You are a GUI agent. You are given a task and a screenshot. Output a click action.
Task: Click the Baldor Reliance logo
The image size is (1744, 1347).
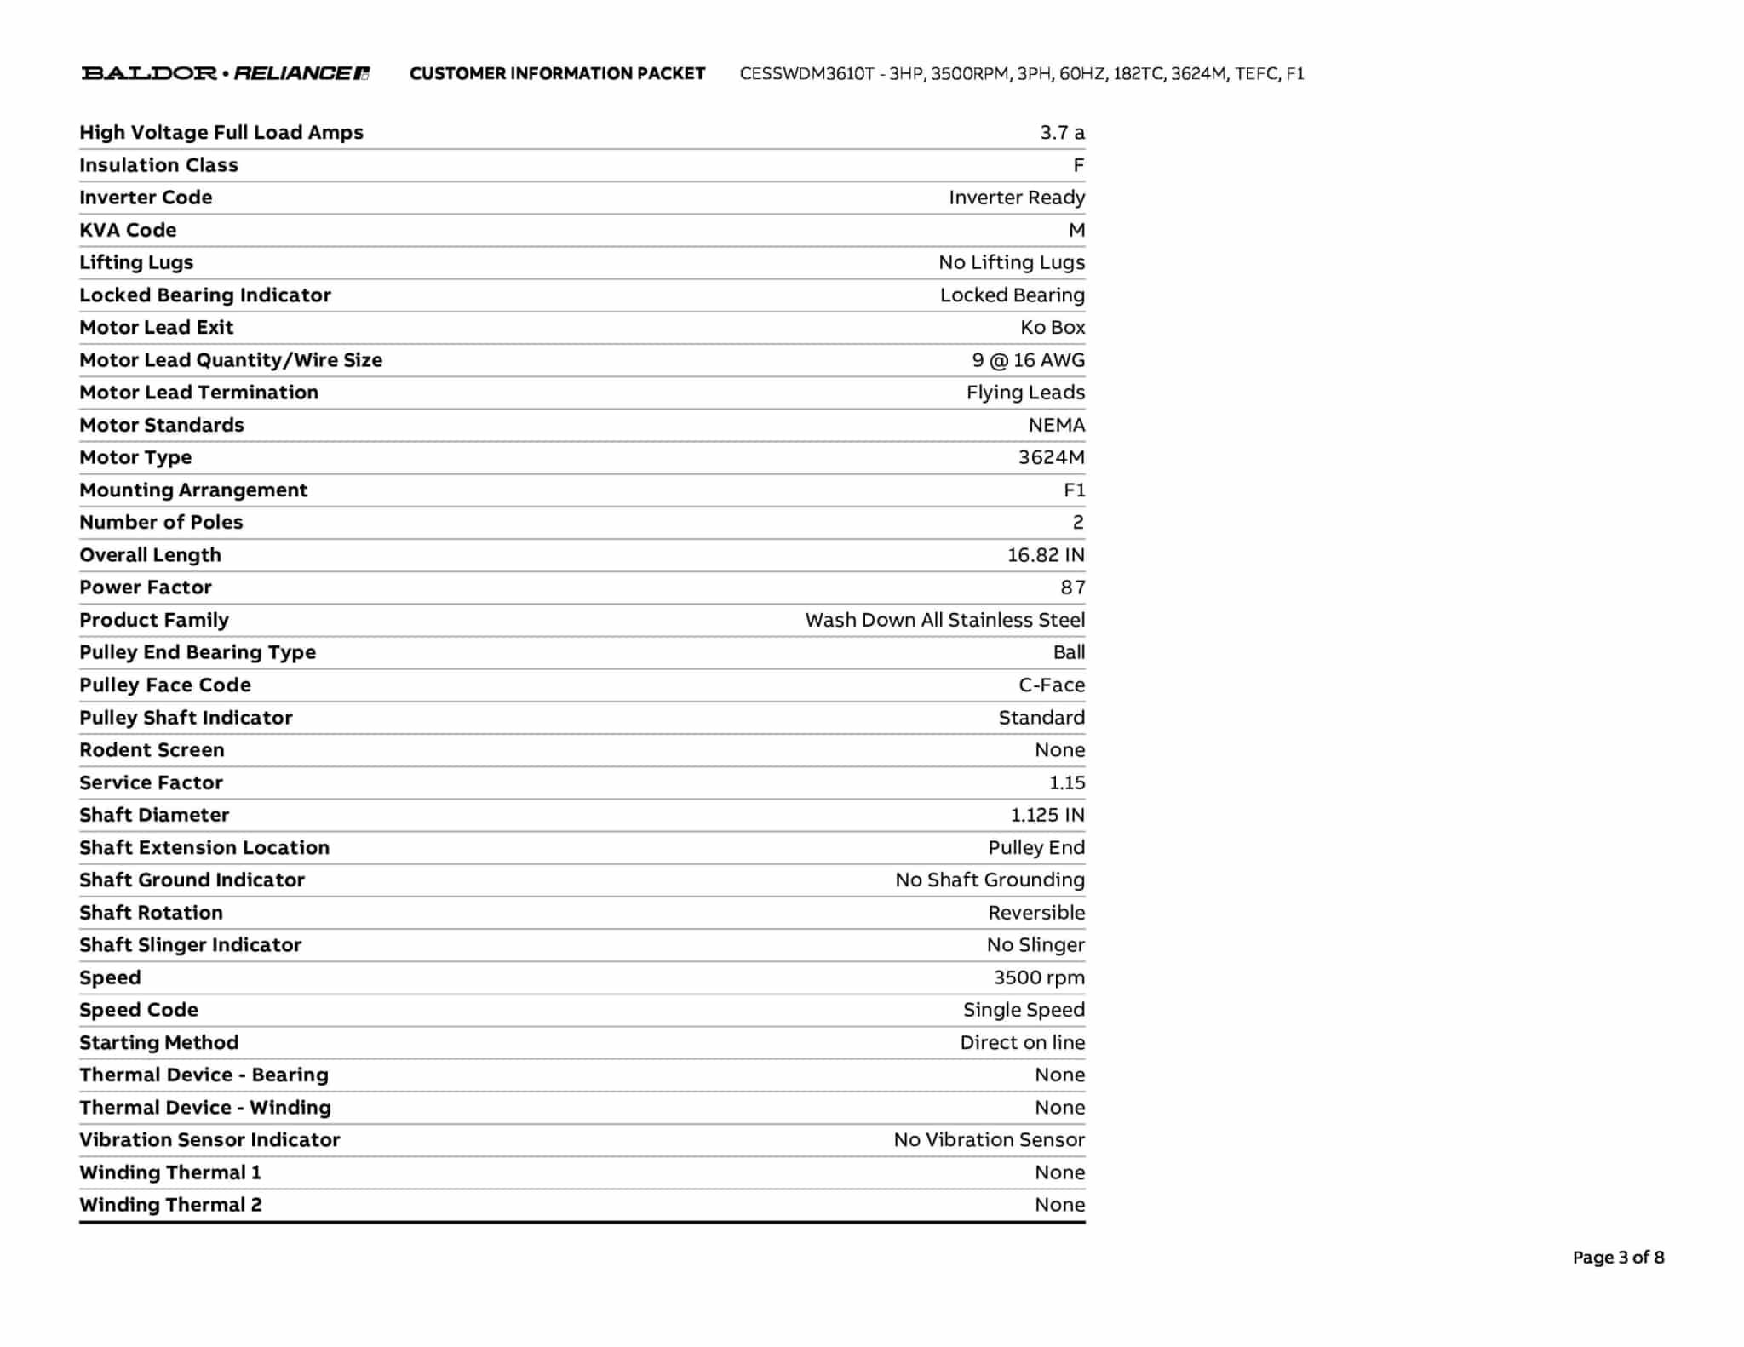[225, 73]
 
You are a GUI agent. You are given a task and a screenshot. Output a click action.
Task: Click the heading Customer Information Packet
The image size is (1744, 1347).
[557, 74]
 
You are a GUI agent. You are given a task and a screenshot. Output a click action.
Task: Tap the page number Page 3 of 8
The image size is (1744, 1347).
[1618, 1257]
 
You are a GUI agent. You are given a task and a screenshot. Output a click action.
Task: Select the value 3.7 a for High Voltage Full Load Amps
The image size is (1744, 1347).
[1062, 133]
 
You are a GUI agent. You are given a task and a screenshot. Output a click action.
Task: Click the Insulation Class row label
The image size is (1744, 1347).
[158, 165]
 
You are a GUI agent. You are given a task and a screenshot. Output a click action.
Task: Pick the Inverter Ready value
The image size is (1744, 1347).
[1017, 198]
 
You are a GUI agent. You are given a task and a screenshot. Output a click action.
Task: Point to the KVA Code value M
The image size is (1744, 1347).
[1076, 231]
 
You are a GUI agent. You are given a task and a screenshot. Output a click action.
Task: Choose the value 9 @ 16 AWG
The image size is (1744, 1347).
[1028, 360]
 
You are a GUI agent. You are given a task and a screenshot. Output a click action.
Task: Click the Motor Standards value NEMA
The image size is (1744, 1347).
[1056, 425]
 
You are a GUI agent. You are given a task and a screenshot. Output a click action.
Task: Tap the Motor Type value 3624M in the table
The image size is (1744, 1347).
[1051, 457]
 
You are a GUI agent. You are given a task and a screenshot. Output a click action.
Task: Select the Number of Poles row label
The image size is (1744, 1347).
[161, 522]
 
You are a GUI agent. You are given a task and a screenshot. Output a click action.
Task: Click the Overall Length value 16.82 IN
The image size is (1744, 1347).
[1046, 555]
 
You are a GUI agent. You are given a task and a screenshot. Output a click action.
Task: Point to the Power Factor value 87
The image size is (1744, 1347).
[1072, 588]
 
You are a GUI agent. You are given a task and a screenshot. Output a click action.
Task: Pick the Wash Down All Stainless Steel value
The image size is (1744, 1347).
[944, 620]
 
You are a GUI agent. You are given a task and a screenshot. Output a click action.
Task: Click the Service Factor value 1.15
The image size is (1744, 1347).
[1066, 782]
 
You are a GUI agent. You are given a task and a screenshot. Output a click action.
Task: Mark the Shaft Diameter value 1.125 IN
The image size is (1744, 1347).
[1047, 815]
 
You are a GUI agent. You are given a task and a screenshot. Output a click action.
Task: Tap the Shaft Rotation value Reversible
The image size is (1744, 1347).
[1036, 913]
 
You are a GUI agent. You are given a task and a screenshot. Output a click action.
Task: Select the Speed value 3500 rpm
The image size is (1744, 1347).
[1039, 977]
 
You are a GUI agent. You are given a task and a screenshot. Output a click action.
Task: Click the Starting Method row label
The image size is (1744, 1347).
[158, 1042]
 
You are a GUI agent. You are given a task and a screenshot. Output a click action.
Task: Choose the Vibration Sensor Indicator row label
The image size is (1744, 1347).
[209, 1139]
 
